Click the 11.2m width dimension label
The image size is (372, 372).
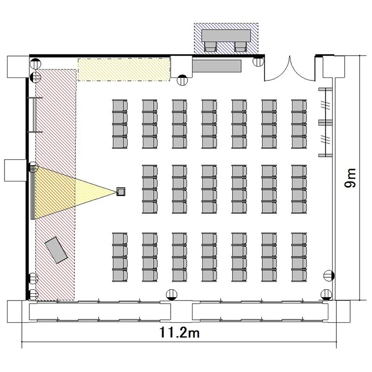[x=180, y=332]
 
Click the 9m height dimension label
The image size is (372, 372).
[x=350, y=178]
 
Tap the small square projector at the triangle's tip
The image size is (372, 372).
[x=121, y=191]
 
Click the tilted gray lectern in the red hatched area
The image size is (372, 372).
[x=56, y=250]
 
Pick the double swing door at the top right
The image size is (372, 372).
[x=290, y=69]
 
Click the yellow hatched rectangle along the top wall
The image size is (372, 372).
[x=124, y=69]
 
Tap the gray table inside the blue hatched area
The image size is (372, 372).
[x=226, y=36]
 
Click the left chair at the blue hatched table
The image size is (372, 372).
[x=210, y=47]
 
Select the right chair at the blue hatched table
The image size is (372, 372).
[x=241, y=47]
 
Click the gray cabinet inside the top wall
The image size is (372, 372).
[x=217, y=66]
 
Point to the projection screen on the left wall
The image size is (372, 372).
[x=33, y=192]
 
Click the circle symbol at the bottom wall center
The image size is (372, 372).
[x=172, y=295]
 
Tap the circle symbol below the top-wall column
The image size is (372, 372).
[x=182, y=80]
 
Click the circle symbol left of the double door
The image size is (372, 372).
[x=258, y=61]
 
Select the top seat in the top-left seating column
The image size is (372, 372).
[x=120, y=105]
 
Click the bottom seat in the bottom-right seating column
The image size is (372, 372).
[x=299, y=276]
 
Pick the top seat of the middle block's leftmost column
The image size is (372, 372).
[x=150, y=171]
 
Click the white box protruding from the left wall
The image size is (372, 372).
[x=15, y=170]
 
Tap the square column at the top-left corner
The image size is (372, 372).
[x=18, y=66]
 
